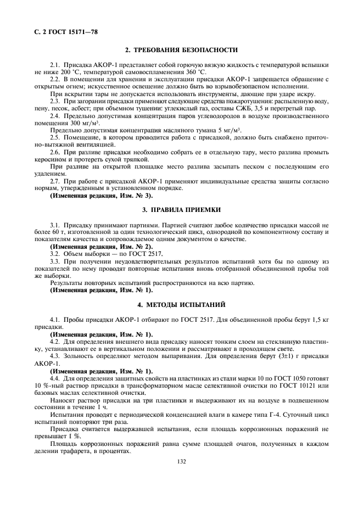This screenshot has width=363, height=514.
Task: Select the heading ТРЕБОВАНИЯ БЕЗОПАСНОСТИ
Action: (181, 51)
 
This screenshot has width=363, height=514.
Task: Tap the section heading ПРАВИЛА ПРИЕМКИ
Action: (181, 210)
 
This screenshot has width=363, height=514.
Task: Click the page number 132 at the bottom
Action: (182, 462)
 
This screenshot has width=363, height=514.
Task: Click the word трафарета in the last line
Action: (75, 450)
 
